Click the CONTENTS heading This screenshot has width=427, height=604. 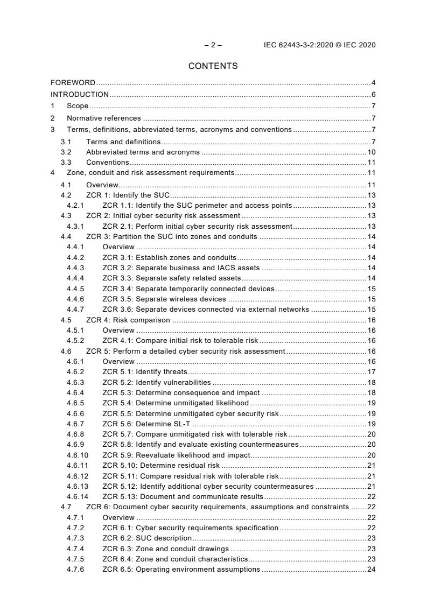[213, 66]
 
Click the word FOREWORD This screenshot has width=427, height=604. [73, 83]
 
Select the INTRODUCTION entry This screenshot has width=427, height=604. [80, 95]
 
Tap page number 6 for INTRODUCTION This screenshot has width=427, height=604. [373, 95]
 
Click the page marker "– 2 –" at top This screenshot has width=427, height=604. [213, 45]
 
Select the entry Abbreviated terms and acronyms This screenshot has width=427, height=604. [143, 152]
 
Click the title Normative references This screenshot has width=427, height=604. [104, 118]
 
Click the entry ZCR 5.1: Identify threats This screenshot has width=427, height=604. [145, 372]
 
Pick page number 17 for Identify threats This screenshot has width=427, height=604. [371, 372]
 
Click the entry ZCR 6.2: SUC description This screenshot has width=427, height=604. [147, 538]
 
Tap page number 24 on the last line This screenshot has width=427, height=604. [371, 570]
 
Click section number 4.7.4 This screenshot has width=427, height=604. [75, 549]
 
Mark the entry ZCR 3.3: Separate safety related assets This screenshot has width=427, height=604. [171, 278]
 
